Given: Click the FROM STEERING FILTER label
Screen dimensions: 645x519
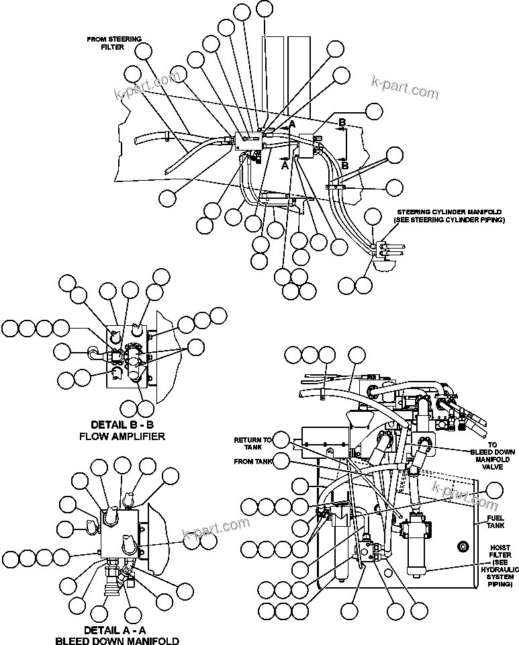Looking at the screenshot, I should coord(114,43).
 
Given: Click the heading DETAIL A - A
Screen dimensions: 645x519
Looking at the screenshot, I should coord(117,630).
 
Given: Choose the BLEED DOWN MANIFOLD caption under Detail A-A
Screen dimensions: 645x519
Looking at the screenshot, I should coord(117,641).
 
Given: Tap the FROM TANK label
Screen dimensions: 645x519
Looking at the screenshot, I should coord(252,462).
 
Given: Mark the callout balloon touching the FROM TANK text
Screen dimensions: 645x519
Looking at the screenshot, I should coord(282,461).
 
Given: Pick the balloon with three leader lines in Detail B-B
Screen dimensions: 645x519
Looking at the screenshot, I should coord(196,347).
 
